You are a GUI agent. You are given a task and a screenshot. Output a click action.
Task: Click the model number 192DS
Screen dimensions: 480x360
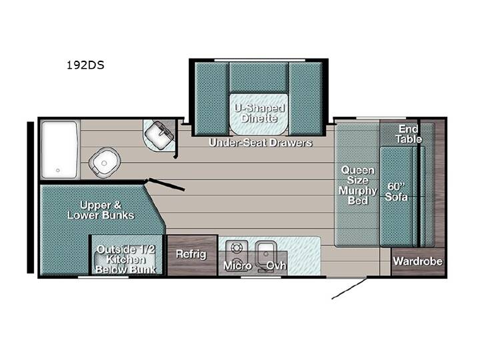point(85,65)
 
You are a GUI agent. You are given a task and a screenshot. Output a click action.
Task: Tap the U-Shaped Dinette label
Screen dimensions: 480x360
point(259,113)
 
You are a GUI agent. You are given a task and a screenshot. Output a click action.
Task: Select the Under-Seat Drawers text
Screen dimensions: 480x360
point(261,143)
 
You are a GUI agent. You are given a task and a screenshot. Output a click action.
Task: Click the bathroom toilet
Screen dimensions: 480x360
point(105,163)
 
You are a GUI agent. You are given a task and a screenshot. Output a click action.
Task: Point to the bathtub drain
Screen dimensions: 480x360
point(58,170)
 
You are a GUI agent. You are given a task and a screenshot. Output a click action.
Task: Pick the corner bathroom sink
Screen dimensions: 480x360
point(159,135)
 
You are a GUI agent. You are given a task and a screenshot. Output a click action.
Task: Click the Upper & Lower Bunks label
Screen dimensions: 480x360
point(101,210)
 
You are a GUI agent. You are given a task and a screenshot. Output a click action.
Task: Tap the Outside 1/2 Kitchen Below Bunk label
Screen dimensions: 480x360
point(125,259)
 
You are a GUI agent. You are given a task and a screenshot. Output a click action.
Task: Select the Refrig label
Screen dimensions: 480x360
point(191,254)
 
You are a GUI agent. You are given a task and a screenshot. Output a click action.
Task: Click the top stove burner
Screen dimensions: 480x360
point(236,247)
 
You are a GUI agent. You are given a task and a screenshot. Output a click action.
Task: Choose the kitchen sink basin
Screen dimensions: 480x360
point(266,253)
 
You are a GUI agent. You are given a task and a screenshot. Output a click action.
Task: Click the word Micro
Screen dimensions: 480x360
point(237,265)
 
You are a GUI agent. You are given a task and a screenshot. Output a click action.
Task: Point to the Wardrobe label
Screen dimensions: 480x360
point(418,261)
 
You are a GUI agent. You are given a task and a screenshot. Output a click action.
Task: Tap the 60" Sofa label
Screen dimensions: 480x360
point(397,191)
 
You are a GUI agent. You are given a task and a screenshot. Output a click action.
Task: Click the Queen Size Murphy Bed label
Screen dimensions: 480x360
point(357,185)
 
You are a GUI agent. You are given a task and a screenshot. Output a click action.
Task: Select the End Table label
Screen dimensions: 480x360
point(409,134)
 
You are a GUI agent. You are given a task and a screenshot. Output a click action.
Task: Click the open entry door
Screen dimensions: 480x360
point(349,288)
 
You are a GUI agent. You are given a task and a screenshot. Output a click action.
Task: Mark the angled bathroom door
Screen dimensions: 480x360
point(167,184)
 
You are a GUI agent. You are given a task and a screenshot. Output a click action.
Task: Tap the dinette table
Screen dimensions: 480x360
point(259,113)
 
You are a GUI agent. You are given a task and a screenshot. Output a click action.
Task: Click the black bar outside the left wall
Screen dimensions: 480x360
point(30,197)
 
